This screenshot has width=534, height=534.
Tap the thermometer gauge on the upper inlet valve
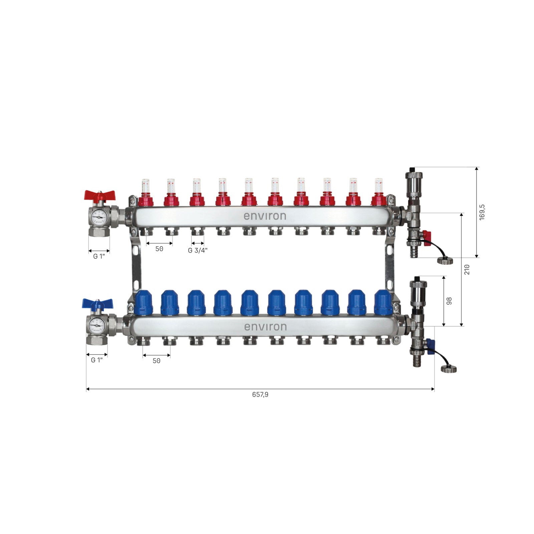point(98,217)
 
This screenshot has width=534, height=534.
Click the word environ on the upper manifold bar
point(265,216)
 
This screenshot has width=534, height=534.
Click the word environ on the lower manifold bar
point(265,327)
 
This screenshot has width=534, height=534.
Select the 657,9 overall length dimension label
point(260,394)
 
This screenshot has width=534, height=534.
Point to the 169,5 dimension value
point(482,212)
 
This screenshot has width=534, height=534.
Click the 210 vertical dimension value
point(467,269)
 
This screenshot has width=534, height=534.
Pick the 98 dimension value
point(449,301)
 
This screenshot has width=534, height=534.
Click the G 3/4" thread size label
point(198,250)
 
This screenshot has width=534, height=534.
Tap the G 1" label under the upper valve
point(99,256)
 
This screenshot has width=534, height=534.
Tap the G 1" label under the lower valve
point(97,360)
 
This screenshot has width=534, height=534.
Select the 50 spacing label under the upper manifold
point(159,249)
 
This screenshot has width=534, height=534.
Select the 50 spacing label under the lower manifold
point(156,361)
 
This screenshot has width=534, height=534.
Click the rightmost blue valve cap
point(382,303)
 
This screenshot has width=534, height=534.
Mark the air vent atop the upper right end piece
point(414,180)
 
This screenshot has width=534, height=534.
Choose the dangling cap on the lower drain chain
point(449,369)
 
